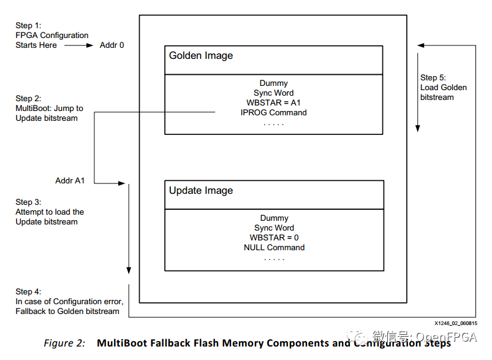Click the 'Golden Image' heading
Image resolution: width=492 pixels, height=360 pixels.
pos(201,56)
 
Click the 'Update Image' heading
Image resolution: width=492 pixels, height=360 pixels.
pos(201,191)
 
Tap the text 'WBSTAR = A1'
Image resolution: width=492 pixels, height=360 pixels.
pos(274,103)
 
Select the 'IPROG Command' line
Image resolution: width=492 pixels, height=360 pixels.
pos(274,113)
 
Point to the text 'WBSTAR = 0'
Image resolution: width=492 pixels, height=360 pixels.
pos(274,238)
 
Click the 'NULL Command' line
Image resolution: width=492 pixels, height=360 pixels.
pos(274,248)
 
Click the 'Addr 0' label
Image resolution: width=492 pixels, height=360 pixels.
pos(112,45)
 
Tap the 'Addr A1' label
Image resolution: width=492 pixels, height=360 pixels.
pos(70,181)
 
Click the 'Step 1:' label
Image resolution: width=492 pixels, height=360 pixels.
pos(29,26)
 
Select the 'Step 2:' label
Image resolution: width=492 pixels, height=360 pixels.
pos(29,99)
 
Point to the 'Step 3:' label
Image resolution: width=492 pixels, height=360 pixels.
pos(29,202)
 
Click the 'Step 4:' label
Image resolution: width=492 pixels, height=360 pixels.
pos(29,292)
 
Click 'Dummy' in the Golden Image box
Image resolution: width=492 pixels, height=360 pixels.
pos(274,83)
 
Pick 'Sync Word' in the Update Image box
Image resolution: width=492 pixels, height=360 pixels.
pos(274,228)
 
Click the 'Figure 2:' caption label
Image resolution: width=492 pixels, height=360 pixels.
pos(64,343)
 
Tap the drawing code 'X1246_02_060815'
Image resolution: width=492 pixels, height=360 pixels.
pos(456,323)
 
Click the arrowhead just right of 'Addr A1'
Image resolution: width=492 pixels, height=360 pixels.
pos(121,183)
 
